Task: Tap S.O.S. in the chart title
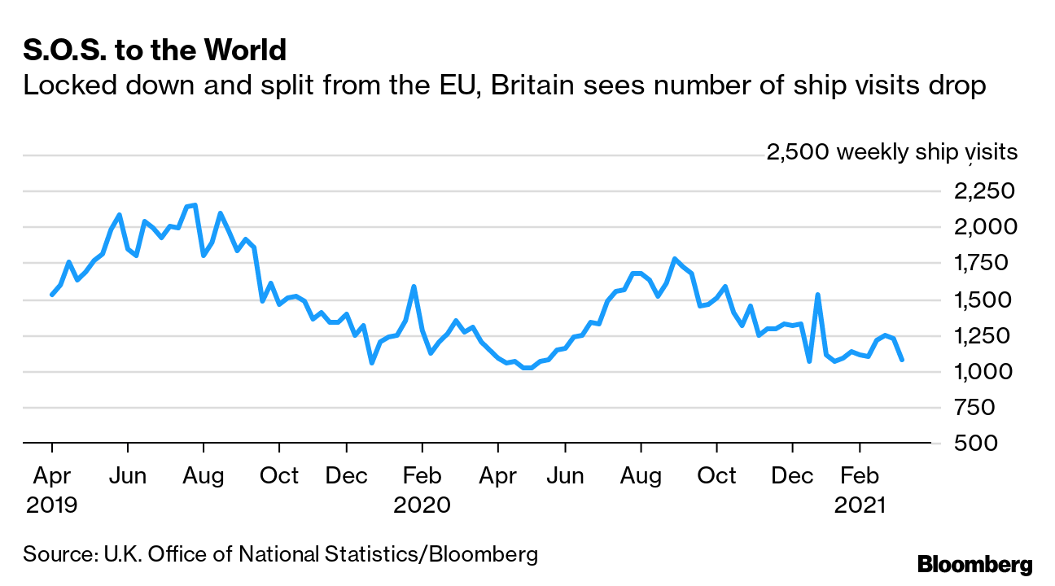62,50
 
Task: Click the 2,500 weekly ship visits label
891,152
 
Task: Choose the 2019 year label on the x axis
51,505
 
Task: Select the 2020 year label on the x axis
422,505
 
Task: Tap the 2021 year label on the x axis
859,505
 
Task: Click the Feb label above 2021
859,475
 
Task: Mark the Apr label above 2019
51,475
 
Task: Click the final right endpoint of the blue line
901,359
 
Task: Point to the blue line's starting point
51,295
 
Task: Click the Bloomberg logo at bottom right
974,564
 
